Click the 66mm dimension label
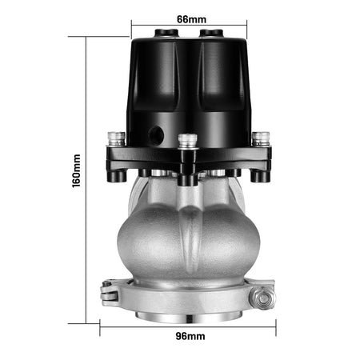191,19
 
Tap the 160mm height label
77,171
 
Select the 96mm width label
190,336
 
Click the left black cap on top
167,33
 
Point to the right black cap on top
211,33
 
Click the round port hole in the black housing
156,134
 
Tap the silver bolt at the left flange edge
117,138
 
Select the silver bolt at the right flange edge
261,138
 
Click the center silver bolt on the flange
188,141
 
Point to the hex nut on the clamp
262,298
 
